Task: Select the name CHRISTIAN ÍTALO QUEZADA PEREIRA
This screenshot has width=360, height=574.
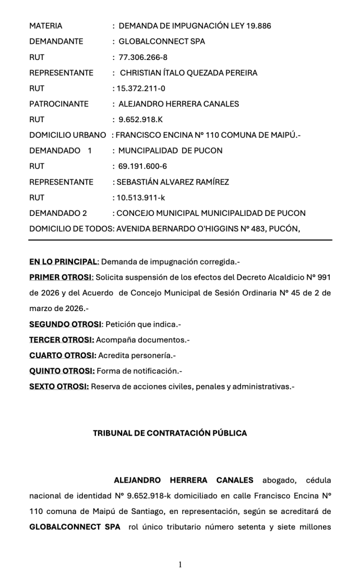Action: (189, 73)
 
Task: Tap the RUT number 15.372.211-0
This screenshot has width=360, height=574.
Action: (140, 89)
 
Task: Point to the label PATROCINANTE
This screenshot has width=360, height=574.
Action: (59, 104)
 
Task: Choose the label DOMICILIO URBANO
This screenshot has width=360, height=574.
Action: (67, 135)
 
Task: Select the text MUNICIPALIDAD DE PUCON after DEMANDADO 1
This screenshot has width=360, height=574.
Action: (170, 151)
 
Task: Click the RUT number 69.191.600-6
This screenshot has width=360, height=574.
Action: (142, 166)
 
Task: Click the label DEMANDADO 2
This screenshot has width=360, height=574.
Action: (58, 213)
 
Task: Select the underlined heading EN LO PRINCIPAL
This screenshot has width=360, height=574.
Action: (64, 262)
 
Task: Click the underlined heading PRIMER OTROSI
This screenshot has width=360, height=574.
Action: (61, 277)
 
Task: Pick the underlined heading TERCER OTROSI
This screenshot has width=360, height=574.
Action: (62, 340)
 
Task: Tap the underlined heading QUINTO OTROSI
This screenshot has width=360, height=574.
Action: (62, 371)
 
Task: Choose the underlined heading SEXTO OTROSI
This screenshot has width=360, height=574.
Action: (59, 386)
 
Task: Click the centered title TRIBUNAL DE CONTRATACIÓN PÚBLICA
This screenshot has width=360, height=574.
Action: (170, 433)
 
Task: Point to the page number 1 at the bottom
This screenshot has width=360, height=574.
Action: (180, 564)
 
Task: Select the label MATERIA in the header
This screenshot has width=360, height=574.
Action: (46, 26)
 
